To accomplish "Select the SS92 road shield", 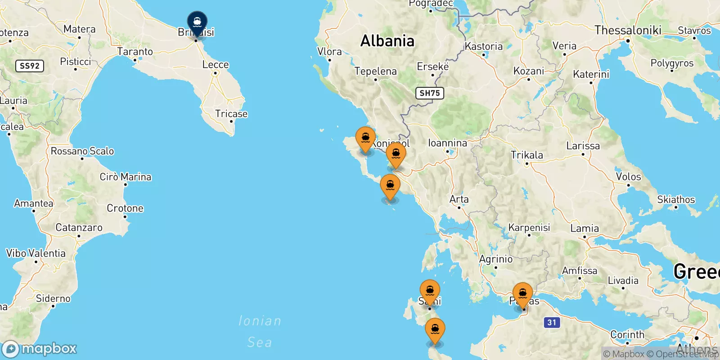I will (30, 66).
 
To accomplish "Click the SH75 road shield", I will (429, 93).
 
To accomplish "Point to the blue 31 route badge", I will (552, 322).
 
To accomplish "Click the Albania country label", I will (387, 41).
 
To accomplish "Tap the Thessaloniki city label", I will (628, 30).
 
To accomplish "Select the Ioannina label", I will (447, 143).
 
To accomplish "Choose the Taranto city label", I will (135, 52).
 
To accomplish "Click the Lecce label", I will (216, 64).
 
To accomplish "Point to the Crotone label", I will (125, 208).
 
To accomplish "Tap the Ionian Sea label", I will (260, 331).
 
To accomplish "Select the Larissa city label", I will (583, 146).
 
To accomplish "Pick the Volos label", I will (628, 176).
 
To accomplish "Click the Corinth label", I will (627, 334).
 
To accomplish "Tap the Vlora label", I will (329, 52).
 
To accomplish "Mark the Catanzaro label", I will (79, 228).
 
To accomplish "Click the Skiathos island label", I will (676, 199).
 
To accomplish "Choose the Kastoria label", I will (484, 46).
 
